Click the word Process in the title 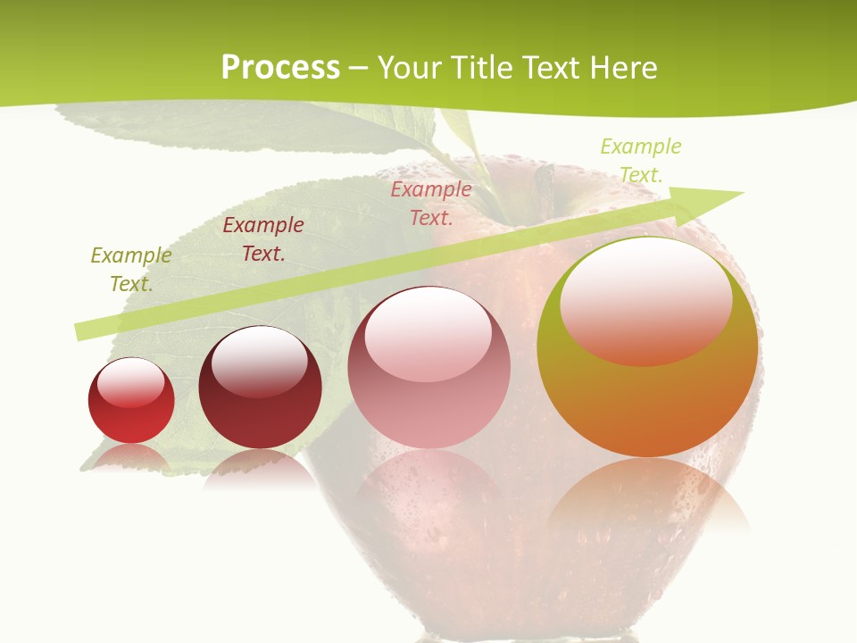pyautogui.click(x=280, y=68)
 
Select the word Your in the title pyautogui.click(x=407, y=68)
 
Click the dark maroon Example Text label pyautogui.click(x=263, y=239)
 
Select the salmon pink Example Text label pyautogui.click(x=431, y=203)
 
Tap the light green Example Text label pyautogui.click(x=641, y=161)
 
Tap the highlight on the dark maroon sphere pyautogui.click(x=259, y=357)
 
